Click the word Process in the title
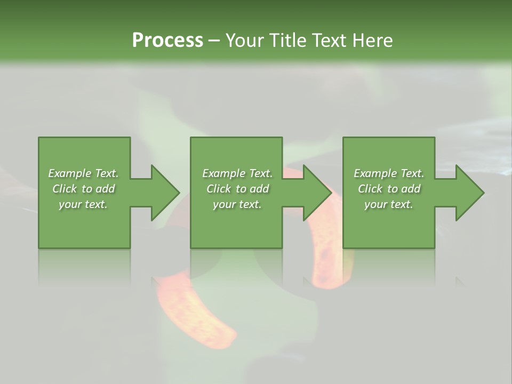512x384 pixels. tap(167, 41)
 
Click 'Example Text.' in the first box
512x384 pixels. tap(83, 173)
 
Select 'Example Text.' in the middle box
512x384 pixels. tap(237, 173)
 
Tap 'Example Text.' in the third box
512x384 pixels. tap(389, 173)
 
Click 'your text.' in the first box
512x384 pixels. tap(83, 204)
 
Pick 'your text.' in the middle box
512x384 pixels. tap(237, 204)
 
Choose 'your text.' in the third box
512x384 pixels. tap(389, 204)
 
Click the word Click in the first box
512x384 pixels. tap(65, 189)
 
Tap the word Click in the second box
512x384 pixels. tap(219, 189)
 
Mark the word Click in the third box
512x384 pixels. tap(370, 189)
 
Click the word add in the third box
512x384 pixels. tap(411, 189)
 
